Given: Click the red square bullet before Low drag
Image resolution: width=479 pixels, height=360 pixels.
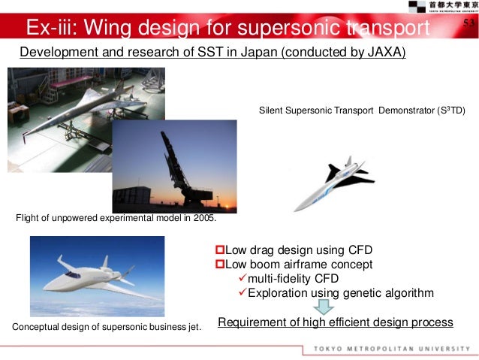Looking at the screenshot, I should click(x=220, y=250).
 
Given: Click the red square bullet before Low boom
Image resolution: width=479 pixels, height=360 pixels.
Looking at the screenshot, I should click(x=220, y=265).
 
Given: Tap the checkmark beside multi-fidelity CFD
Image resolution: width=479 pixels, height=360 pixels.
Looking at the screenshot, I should click(x=240, y=279).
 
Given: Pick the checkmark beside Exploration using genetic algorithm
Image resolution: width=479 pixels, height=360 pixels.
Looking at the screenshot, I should click(x=240, y=293).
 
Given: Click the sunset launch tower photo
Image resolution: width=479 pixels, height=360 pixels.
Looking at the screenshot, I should click(x=174, y=166).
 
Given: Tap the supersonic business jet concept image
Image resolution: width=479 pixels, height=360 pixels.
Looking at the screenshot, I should click(x=97, y=276).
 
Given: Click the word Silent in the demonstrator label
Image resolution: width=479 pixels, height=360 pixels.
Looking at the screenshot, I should click(x=271, y=110).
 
